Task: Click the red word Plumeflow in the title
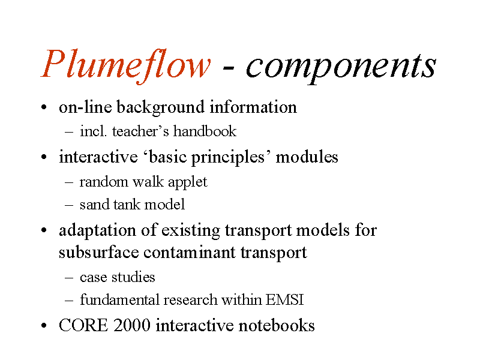tap(126, 65)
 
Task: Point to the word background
tap(160, 108)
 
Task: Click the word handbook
tap(205, 131)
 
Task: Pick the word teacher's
tap(140, 131)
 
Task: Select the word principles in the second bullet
tap(228, 158)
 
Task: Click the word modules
tap(307, 157)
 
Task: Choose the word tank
tap(127, 205)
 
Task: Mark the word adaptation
tap(97, 230)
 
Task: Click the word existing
tap(190, 231)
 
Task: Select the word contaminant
tap(190, 253)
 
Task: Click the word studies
tap(133, 277)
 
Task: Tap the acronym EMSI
tap(284, 299)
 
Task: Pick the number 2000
tap(132, 325)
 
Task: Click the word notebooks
tap(277, 325)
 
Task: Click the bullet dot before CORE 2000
tap(44, 326)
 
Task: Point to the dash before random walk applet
tap(69, 183)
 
